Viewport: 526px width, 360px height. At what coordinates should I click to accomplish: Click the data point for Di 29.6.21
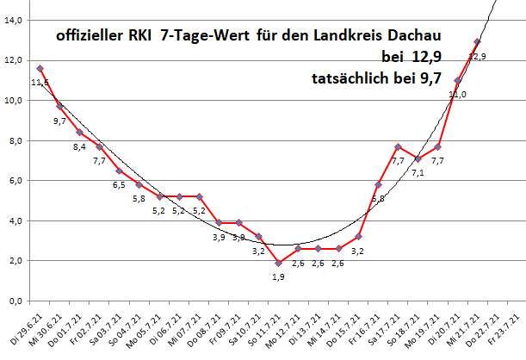point(40,68)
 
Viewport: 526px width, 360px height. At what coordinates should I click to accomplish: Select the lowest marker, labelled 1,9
point(279,263)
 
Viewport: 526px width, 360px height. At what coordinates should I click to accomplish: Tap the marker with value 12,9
point(478,41)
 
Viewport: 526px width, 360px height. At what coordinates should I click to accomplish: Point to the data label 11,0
point(458,94)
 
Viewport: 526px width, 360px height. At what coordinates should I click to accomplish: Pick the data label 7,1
point(418,172)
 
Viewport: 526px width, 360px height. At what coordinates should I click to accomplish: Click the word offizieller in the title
point(90,38)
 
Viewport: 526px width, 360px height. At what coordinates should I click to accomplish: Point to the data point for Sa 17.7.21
point(398,146)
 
